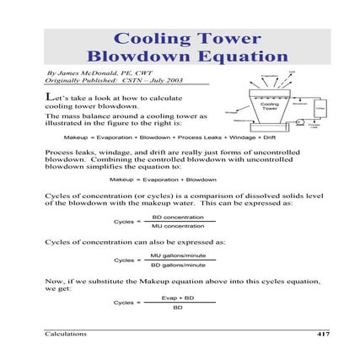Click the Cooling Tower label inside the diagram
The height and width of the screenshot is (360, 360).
[270, 107]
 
